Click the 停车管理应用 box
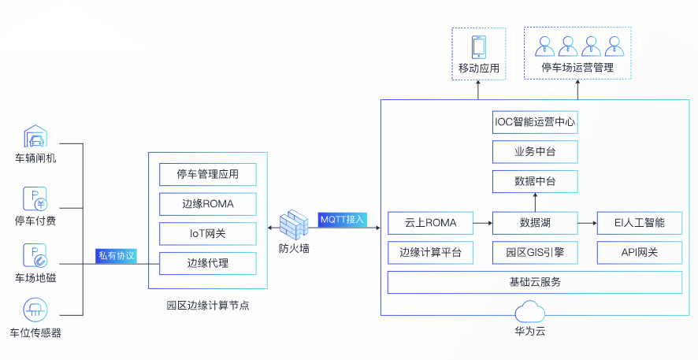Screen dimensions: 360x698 click(x=208, y=174)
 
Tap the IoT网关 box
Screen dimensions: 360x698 click(x=208, y=233)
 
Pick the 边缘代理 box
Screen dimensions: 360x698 click(x=208, y=262)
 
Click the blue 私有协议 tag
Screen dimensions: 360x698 click(x=116, y=256)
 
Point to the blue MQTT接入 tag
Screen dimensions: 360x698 click(x=342, y=218)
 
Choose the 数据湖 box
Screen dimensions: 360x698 click(x=535, y=223)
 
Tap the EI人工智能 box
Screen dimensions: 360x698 click(x=639, y=223)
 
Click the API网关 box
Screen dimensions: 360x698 click(x=639, y=253)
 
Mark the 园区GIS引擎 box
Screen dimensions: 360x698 click(x=535, y=253)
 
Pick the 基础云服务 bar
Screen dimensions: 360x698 click(x=535, y=282)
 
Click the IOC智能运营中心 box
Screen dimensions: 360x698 click(x=535, y=122)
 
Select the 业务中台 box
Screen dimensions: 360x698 click(x=535, y=151)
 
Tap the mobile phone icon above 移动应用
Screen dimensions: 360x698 click(x=479, y=46)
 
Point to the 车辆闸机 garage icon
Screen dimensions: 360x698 click(x=35, y=135)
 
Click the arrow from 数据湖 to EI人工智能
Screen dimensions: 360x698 click(x=586, y=223)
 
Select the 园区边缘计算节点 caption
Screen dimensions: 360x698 click(x=208, y=305)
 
